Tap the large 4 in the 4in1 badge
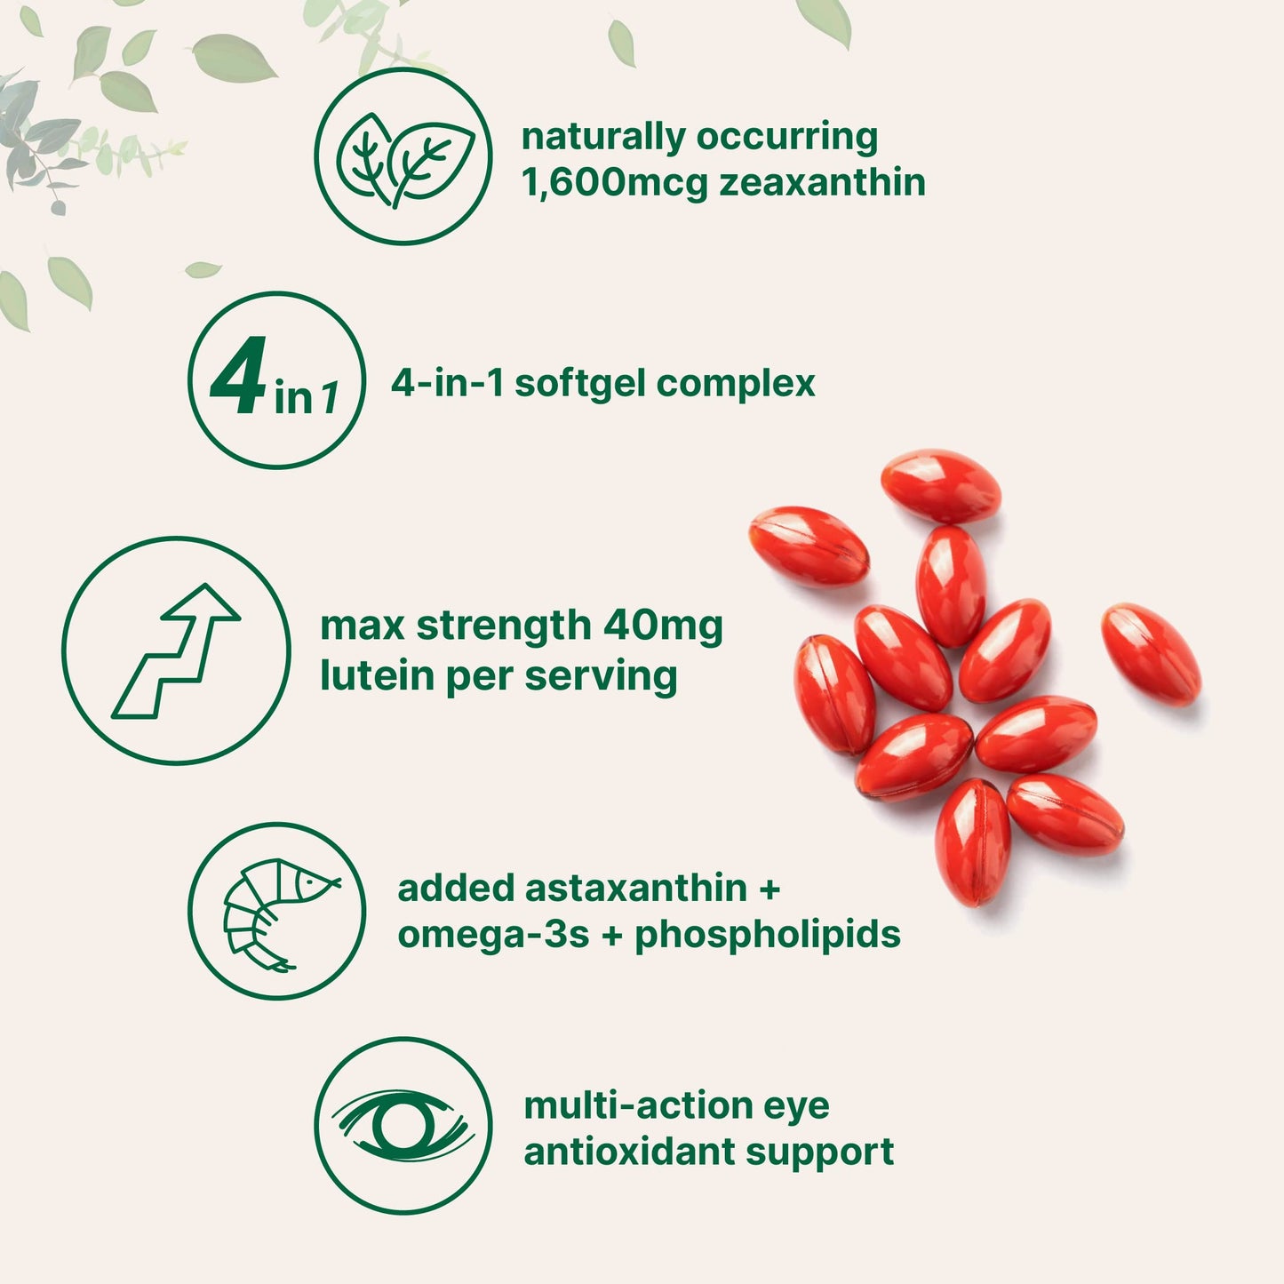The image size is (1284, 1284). (238, 377)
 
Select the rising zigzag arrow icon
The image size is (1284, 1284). (176, 650)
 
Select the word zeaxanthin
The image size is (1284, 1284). (822, 183)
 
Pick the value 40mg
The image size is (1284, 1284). (663, 626)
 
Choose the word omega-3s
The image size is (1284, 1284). (493, 935)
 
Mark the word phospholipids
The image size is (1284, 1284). (768, 935)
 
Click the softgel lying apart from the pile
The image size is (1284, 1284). (1151, 654)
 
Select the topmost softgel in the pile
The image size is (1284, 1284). (940, 486)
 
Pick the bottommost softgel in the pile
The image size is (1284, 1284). (973, 841)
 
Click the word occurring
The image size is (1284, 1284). (787, 137)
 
